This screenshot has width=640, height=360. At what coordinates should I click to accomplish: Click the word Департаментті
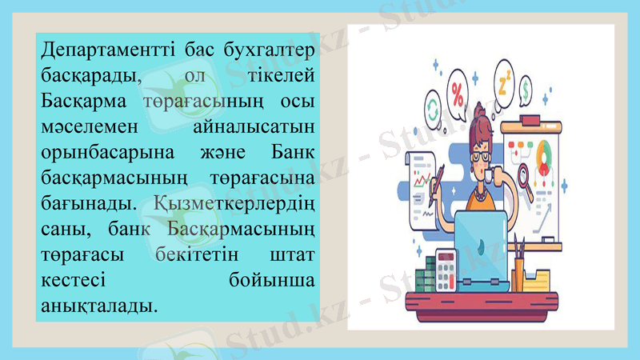[95, 50]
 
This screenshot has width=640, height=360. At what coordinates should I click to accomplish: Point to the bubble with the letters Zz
[505, 81]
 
